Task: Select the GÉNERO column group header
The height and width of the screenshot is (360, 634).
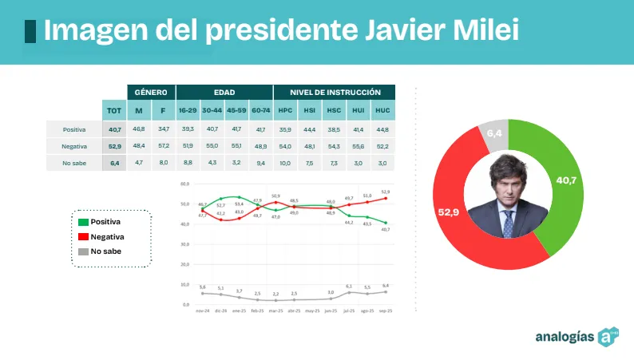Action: coord(151,92)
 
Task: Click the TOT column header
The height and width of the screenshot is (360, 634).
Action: coord(114,110)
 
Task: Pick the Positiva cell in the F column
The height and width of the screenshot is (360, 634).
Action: coord(163,129)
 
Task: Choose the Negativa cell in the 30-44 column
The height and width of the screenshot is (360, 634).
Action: coord(212,146)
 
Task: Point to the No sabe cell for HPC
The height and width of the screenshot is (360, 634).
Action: coord(285,163)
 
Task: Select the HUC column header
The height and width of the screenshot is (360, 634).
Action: coord(382,110)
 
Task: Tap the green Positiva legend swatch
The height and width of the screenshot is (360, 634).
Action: coord(82,221)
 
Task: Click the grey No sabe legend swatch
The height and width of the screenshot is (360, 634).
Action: coord(82,251)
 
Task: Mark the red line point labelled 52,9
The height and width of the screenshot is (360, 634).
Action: coord(386,199)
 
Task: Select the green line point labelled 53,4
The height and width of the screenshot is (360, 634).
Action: coord(239,196)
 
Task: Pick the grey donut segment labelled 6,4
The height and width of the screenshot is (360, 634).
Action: coord(494,135)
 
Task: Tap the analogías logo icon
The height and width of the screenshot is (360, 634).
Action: coord(610,336)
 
